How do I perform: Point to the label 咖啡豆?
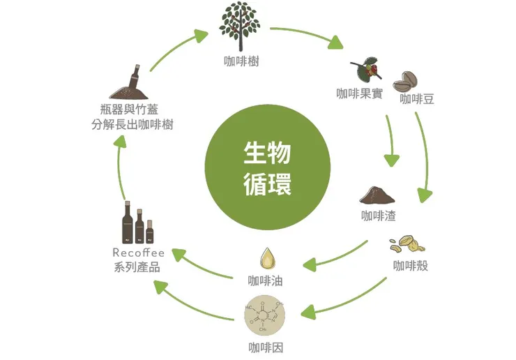pos(417,99)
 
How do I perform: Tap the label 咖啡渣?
pos(378,216)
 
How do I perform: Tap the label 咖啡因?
pos(266,347)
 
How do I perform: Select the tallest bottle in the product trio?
pos(128,223)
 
